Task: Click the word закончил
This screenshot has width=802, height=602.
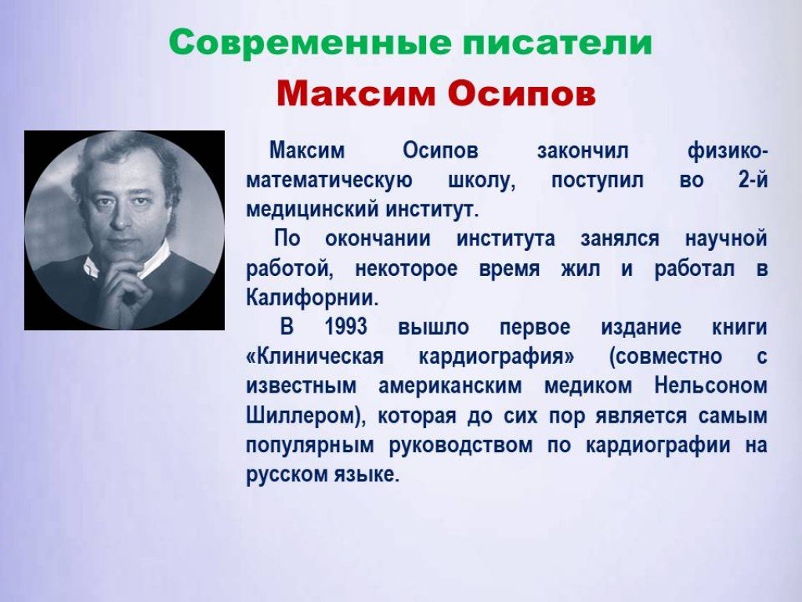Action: [x=583, y=151]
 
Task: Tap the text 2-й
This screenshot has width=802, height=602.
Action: [x=753, y=180]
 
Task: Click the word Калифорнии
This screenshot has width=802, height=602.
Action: [x=312, y=298]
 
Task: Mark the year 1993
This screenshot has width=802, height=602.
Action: [x=345, y=327]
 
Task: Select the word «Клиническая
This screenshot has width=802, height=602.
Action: [x=315, y=357]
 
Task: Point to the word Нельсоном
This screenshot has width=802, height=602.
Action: [x=711, y=386]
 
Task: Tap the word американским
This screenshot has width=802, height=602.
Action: [x=450, y=386]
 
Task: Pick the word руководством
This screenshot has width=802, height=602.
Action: [x=461, y=445]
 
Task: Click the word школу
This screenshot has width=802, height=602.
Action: [x=482, y=181]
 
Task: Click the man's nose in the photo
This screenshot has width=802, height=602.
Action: [x=119, y=215]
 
